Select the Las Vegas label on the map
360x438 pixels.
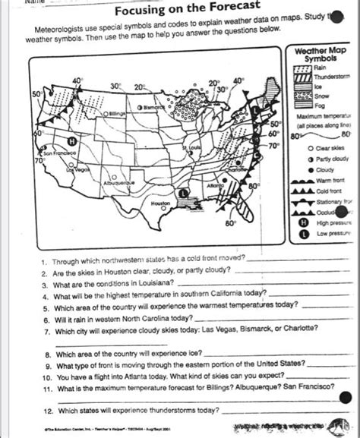(x=80, y=170)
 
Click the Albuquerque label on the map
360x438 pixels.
(x=115, y=183)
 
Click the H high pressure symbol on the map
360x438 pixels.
(x=71, y=141)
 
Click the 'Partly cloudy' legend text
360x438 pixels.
(x=332, y=159)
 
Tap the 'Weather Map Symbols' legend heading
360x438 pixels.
(x=320, y=54)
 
